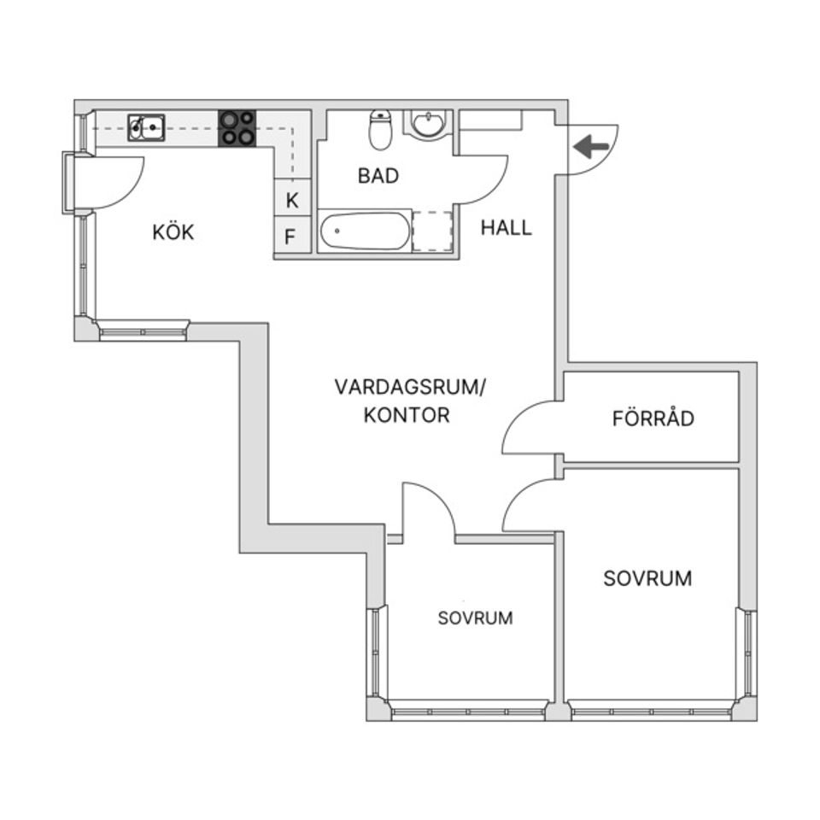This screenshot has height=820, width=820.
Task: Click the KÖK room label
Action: (173, 231)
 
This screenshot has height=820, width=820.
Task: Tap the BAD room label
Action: (378, 176)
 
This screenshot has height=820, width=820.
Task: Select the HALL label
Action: (506, 228)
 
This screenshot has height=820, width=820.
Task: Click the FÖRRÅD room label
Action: (653, 419)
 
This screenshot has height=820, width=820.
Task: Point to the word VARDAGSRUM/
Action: (409, 387)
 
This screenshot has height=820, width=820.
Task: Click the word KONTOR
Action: (406, 416)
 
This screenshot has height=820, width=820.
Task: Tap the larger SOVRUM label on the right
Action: (647, 578)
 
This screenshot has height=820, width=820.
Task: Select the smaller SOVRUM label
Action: (475, 618)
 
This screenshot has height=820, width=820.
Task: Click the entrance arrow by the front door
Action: (591, 147)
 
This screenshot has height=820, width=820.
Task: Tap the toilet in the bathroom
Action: (379, 130)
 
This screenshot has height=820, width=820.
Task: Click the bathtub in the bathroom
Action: (366, 231)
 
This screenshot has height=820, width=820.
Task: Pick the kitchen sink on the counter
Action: (147, 127)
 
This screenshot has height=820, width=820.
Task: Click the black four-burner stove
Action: (237, 128)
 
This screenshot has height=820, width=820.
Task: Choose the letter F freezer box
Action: (290, 237)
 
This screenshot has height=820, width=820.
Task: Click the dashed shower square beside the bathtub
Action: (432, 231)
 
